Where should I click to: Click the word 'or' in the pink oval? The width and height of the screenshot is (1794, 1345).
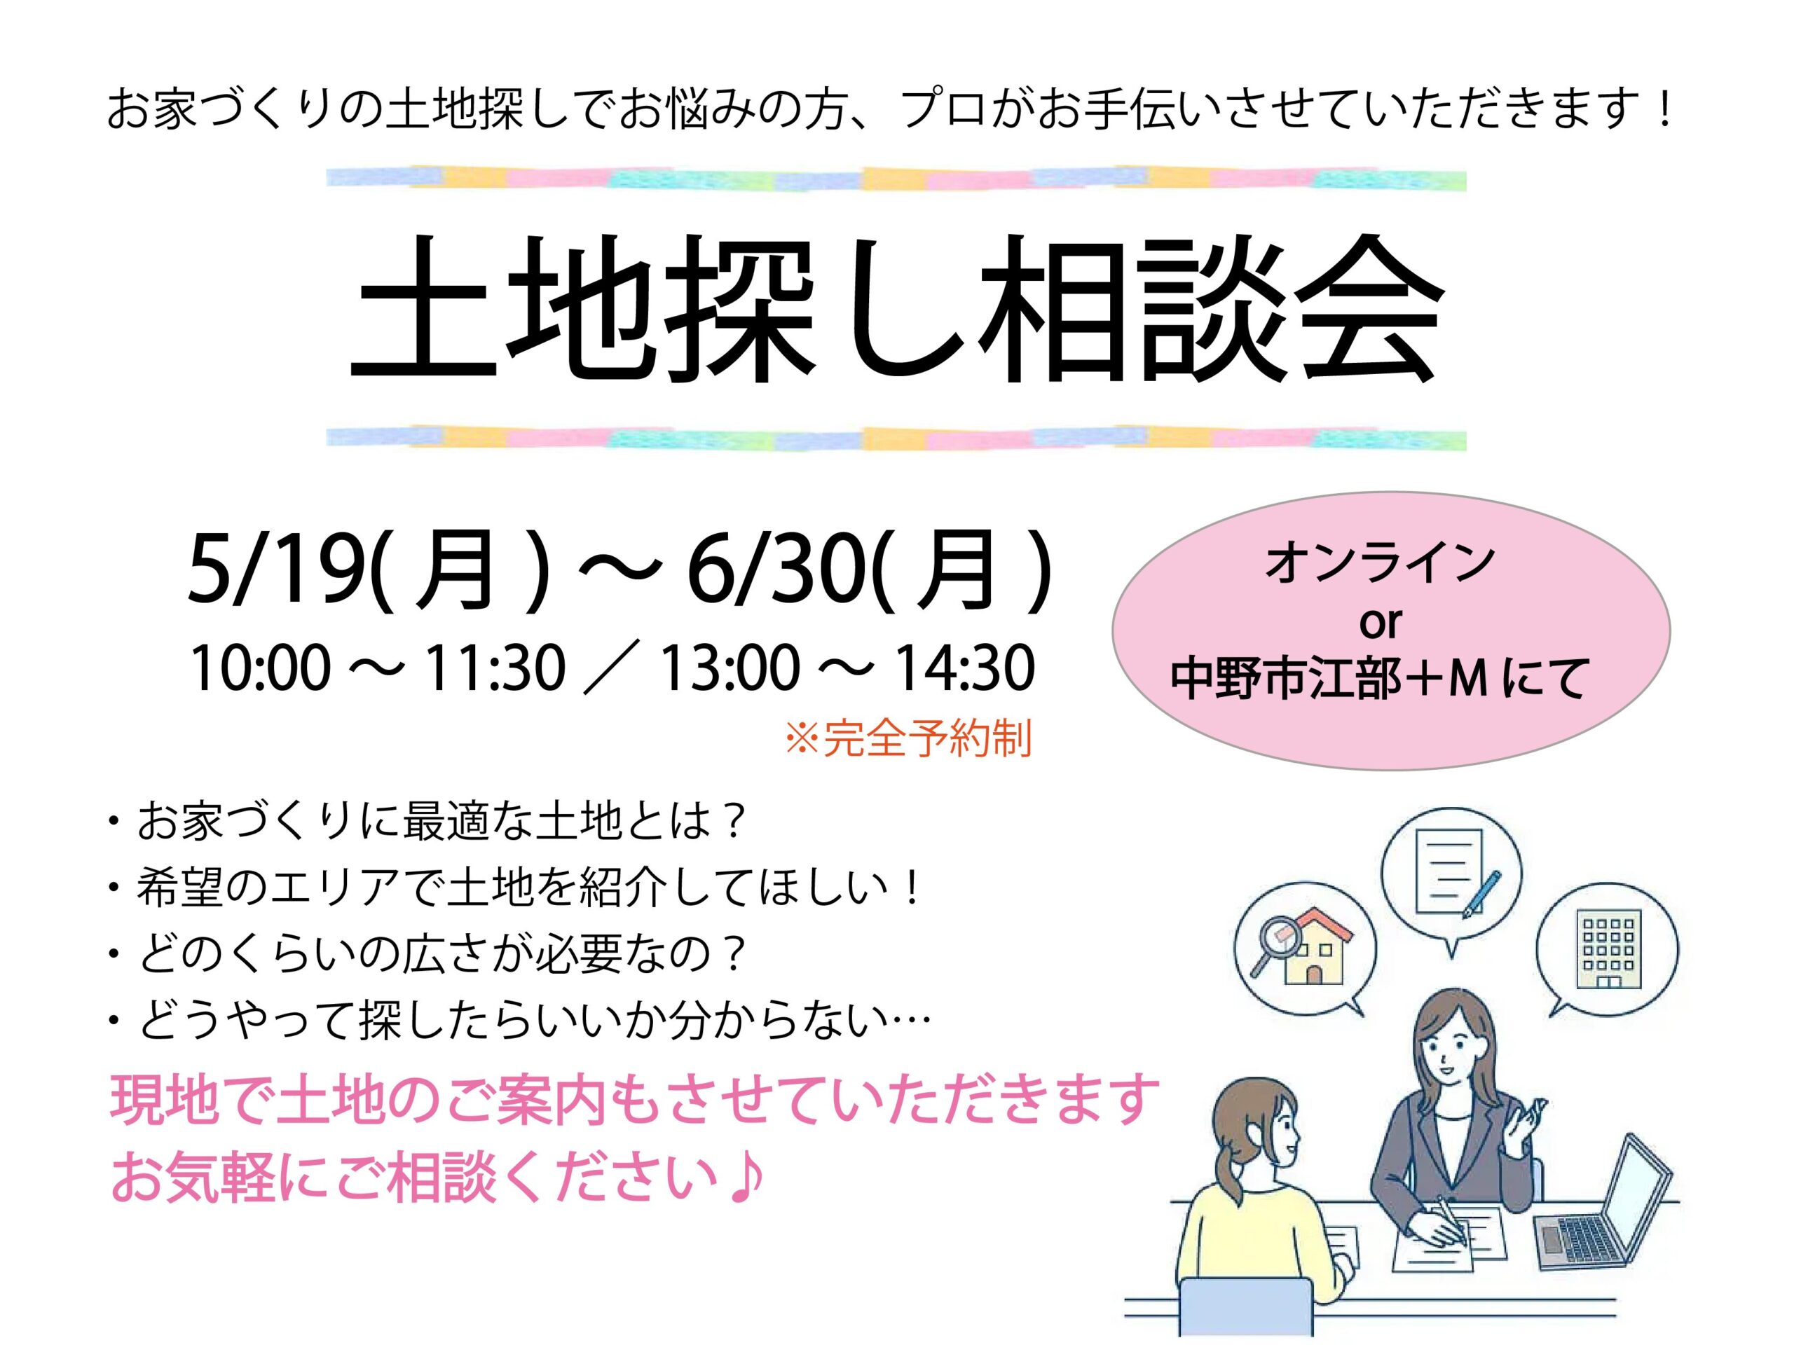click(x=1380, y=623)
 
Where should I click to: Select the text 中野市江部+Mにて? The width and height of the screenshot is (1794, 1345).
click(x=1378, y=680)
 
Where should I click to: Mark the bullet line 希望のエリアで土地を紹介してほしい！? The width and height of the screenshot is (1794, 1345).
click(x=515, y=890)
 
